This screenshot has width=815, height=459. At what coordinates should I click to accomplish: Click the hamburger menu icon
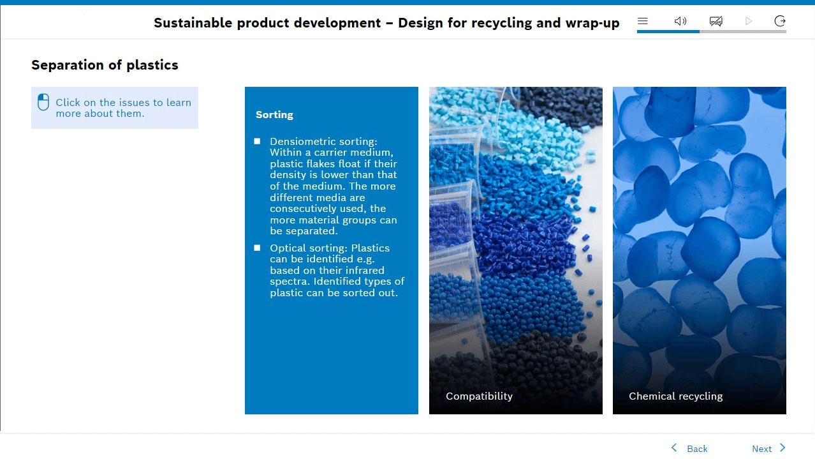pos(643,21)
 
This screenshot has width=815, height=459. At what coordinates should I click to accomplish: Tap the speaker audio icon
pos(680,21)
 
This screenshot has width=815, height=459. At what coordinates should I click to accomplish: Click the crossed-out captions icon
pos(716,21)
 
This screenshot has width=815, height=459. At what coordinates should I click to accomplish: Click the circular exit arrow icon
pos(780,21)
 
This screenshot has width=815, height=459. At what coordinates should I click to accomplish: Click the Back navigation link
pos(697,449)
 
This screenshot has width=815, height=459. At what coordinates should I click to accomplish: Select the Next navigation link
pos(761,449)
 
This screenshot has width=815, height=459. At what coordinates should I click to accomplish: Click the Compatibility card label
pos(479,396)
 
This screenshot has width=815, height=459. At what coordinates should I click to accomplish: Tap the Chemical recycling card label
pos(675,396)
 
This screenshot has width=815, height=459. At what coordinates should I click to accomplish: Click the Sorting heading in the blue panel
pos(274,115)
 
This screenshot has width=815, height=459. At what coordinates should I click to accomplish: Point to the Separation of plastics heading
pos(105,65)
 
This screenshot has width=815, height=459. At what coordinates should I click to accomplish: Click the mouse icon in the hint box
pos(43,102)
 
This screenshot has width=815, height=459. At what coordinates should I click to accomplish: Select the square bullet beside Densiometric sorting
pos(257,141)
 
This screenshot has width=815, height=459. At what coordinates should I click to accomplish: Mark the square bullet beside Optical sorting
pos(257,248)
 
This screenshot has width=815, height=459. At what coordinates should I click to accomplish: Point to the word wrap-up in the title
pos(592,23)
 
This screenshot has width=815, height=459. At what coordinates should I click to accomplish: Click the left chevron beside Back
pos(674,448)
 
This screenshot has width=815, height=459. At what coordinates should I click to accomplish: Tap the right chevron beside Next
pos(782,448)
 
